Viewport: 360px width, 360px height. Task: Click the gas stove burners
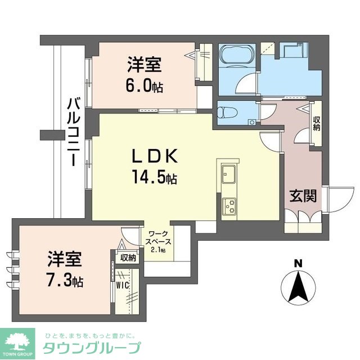229,207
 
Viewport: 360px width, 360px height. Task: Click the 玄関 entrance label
303,196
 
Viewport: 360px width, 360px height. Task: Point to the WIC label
123,284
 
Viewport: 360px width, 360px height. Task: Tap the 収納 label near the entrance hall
317,123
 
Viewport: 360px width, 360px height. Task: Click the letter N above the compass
298,263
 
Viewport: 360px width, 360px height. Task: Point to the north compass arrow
298,286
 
